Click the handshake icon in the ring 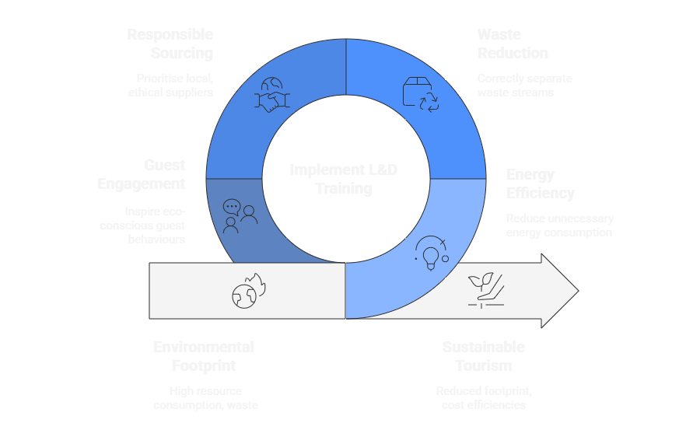(x=272, y=96)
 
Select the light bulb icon (x=430, y=251)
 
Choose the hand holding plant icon (x=484, y=290)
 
